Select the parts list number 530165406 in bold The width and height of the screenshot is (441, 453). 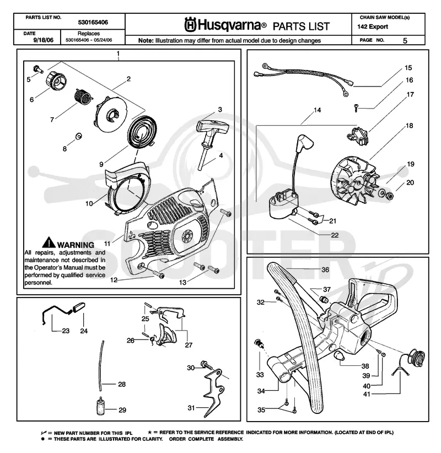point(93,22)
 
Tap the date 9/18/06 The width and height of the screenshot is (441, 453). point(44,40)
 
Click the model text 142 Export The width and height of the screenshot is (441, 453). point(373,27)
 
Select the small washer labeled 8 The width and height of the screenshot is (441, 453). point(78,136)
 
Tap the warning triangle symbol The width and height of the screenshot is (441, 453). point(49,242)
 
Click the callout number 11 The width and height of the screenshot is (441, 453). point(107,244)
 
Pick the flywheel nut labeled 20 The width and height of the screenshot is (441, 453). point(390,195)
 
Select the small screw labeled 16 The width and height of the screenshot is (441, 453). point(356,108)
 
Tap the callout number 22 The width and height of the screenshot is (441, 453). point(335,235)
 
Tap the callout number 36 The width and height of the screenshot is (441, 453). point(325,269)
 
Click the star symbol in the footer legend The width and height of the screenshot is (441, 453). point(150,433)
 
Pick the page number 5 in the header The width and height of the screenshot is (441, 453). point(405,40)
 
